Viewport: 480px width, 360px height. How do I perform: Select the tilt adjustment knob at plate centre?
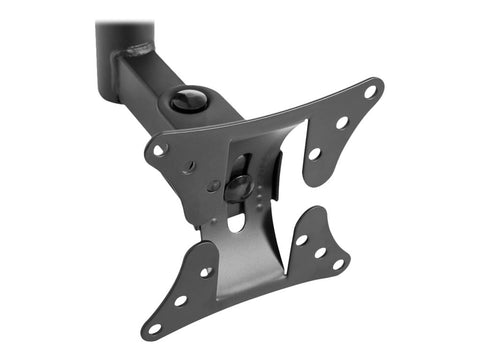[x=239, y=187]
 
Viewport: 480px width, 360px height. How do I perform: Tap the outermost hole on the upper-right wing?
[x=370, y=91]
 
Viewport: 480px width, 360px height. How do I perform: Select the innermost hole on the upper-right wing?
[x=314, y=154]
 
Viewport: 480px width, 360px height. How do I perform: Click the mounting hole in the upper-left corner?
[x=160, y=150]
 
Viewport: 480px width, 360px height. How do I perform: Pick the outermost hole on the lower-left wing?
[x=155, y=326]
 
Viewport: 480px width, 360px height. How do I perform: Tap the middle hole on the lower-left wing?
[x=180, y=299]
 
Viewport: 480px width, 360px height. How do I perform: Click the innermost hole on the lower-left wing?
[x=205, y=271]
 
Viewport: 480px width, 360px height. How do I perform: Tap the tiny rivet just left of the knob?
[x=214, y=186]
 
